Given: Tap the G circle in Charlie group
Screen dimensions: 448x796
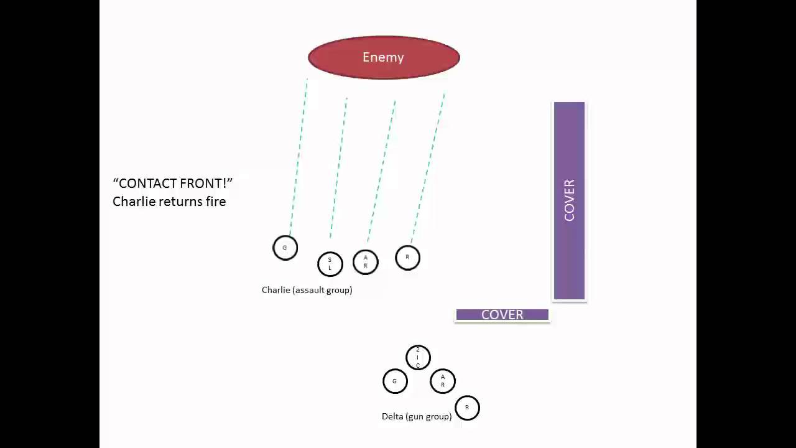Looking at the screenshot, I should click(285, 248).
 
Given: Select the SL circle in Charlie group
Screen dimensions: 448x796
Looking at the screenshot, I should click(330, 264).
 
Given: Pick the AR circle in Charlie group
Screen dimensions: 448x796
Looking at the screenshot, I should click(366, 262).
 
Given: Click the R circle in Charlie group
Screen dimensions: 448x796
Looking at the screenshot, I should click(408, 258).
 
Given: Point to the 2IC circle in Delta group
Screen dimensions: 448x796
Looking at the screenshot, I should click(418, 358).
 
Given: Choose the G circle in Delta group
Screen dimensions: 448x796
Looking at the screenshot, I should click(395, 381).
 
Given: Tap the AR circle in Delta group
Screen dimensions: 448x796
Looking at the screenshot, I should click(443, 381).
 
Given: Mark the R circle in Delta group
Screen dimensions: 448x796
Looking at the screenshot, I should click(467, 408).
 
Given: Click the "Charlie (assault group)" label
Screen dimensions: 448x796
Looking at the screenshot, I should click(307, 290).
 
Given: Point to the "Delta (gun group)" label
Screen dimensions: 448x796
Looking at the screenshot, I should click(417, 416).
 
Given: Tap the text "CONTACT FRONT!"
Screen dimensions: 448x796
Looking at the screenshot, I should click(173, 184).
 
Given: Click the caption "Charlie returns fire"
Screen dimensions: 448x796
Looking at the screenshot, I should click(169, 202).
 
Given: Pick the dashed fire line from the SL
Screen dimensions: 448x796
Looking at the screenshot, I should click(338, 168).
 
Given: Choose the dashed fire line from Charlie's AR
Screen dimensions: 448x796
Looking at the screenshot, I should click(382, 171).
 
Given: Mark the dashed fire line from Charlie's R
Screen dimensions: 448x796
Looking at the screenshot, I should click(428, 168).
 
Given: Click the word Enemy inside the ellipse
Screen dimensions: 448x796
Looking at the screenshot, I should click(383, 57).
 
